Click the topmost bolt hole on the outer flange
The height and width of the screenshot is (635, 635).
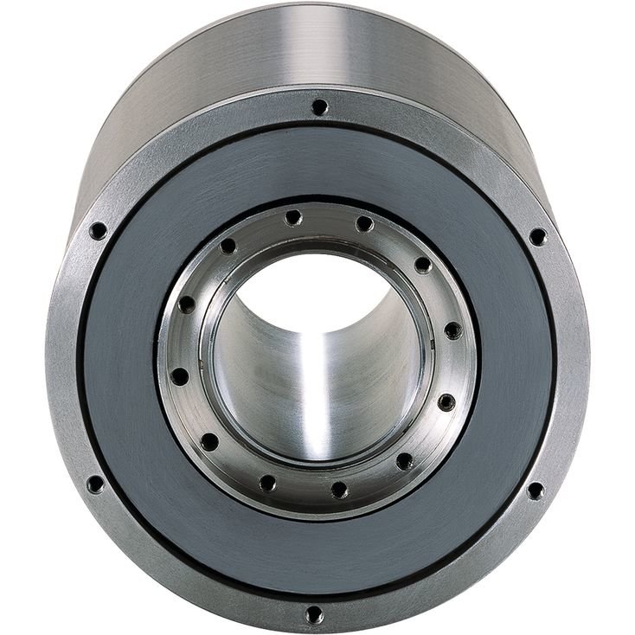coord(319,107)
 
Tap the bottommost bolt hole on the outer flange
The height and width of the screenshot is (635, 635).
coord(314,615)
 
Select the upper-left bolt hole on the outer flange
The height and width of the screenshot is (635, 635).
coord(99,231)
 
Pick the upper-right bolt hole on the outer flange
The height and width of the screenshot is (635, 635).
coord(537,236)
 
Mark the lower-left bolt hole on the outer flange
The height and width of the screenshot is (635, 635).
coord(95,484)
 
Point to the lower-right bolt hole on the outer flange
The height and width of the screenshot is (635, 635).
coord(535,491)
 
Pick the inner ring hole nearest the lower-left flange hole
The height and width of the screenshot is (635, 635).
coord(209,442)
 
